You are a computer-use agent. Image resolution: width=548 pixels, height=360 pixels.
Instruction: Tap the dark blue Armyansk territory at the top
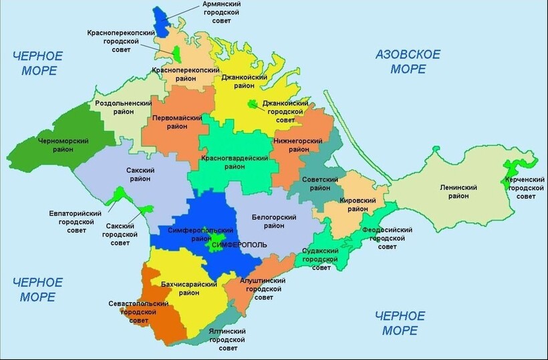(x=160, y=23)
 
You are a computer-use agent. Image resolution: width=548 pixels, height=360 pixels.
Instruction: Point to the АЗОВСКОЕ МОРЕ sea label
(x=408, y=61)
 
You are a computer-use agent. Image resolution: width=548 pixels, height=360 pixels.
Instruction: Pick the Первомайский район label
(x=177, y=122)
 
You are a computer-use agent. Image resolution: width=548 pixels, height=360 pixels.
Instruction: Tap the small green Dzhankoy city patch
(x=253, y=104)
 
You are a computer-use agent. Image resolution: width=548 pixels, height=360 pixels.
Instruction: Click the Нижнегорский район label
(x=298, y=145)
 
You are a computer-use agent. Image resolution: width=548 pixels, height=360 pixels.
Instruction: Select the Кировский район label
(x=354, y=204)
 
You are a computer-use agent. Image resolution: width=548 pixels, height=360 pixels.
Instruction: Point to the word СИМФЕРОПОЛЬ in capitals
(x=239, y=245)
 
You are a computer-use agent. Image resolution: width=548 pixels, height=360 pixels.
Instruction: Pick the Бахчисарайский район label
(x=190, y=289)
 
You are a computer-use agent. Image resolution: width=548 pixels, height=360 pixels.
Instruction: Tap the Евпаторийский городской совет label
(x=76, y=222)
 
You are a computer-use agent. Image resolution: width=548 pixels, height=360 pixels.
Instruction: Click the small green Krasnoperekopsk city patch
(x=176, y=51)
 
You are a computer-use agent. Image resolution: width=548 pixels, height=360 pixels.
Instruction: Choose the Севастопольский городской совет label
(x=138, y=312)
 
